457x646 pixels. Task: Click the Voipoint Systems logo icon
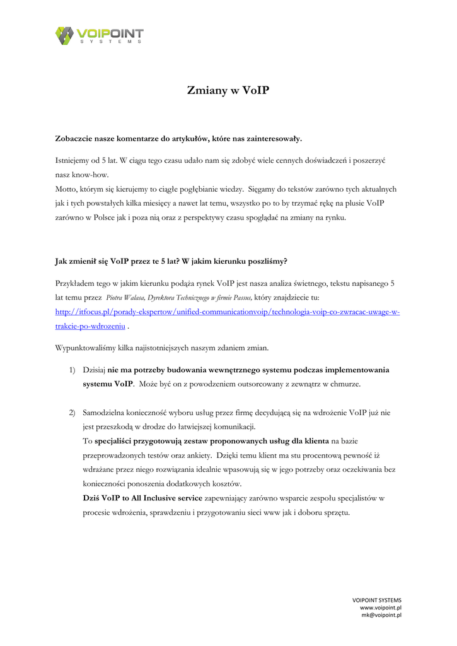pos(65,35)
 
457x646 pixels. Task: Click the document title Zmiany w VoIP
pos(228,91)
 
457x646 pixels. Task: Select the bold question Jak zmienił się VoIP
pos(171,260)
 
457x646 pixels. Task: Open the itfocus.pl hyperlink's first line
pos(228,312)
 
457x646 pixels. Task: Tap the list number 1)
pos(72,370)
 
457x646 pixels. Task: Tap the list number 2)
pos(72,413)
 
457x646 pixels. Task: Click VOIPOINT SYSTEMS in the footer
pos(376,600)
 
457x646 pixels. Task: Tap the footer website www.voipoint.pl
pos(381,608)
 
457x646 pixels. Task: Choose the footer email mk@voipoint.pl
pos(381,615)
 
